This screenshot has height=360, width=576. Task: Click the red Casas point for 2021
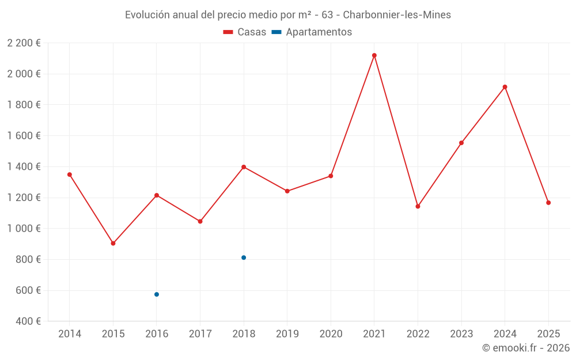pos(374,55)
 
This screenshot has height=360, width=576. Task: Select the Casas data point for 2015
pos(113,243)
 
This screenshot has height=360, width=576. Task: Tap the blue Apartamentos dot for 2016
pos(157,294)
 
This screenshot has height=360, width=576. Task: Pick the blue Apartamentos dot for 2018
pos(244,257)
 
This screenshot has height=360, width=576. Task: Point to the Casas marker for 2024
pos(505,87)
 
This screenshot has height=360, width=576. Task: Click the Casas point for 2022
pos(418,206)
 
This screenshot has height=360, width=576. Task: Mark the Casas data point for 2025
pos(548,203)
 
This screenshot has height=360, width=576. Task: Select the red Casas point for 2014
pos(70,175)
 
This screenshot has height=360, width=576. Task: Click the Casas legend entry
pos(245,32)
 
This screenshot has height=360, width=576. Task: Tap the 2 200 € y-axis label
pos(24,43)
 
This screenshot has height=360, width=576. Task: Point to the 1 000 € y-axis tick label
pos(24,229)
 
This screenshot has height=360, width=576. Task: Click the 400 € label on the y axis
pos(27,321)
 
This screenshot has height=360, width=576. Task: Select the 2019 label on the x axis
pos(287,334)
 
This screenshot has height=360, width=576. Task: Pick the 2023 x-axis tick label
pos(461,334)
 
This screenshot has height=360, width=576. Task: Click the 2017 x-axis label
pos(200,334)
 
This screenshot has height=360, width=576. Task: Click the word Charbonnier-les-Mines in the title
pos(397,14)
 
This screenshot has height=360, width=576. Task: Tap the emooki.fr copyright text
pos(525,348)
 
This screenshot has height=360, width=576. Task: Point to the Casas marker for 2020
pos(331,176)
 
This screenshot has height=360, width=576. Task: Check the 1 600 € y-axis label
pos(24,136)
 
